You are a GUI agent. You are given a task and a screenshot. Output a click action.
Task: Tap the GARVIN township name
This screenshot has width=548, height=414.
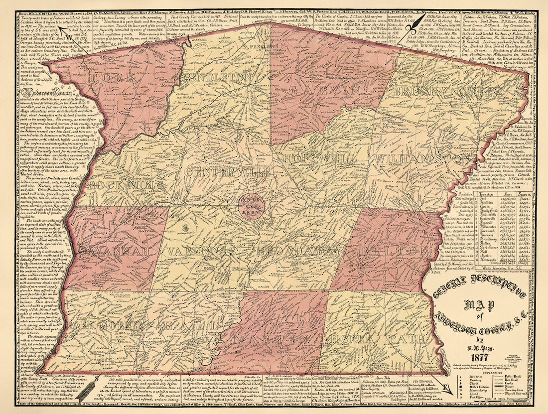(x=327, y=90)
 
